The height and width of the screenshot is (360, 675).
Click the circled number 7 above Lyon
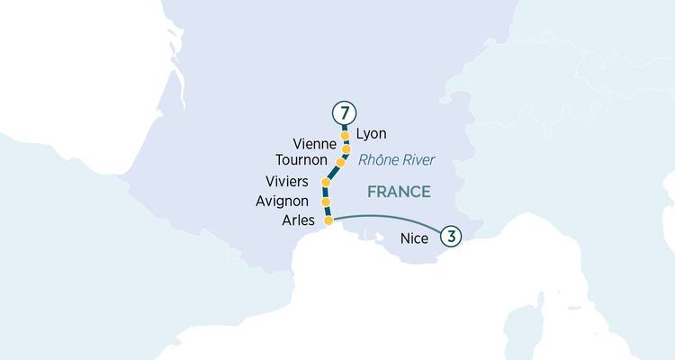pos(344,114)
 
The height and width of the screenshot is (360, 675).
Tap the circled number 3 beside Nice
pos(451,236)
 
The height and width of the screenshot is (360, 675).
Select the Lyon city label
pos(371,134)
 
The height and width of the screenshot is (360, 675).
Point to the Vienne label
pos(315,144)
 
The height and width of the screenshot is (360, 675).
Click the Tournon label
pos(306,160)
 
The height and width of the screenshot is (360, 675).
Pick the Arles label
pos(298,220)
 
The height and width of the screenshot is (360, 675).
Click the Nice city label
pos(414,239)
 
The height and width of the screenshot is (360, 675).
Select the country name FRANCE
pos(399,192)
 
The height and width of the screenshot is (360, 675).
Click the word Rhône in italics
pos(377,161)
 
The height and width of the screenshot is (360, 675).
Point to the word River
pos(417,161)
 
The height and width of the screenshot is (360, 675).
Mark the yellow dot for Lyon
pos(345,137)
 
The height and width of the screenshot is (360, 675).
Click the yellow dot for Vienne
pos(346,148)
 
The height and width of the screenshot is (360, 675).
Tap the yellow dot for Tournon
pos(340,163)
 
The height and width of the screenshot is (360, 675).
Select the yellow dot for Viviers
pos(326,183)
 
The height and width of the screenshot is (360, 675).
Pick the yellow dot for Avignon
pos(326,202)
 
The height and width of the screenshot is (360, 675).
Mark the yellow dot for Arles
pos(328,220)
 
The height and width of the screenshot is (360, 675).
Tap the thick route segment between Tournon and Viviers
pos(332,173)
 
